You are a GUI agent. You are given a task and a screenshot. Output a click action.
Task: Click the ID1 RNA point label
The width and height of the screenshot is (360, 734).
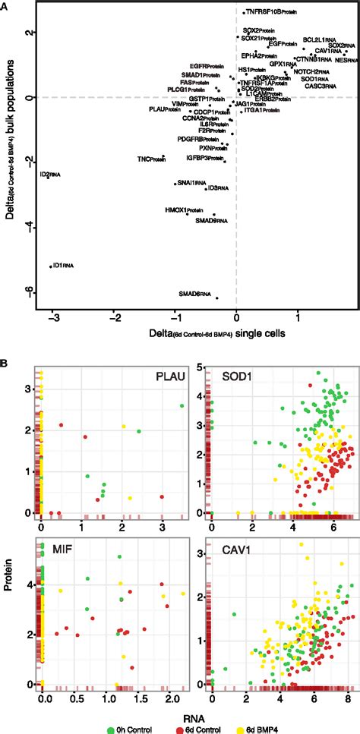point(63,265)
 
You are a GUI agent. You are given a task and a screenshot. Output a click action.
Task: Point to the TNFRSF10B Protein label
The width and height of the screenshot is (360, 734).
point(270,12)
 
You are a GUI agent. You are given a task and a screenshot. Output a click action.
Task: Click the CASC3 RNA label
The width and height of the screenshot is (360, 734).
point(318,87)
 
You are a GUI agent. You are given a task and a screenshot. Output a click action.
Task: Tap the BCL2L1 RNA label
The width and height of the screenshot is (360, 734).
point(319,39)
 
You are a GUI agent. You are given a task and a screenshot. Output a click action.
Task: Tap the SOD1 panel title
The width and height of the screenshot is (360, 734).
point(238,380)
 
